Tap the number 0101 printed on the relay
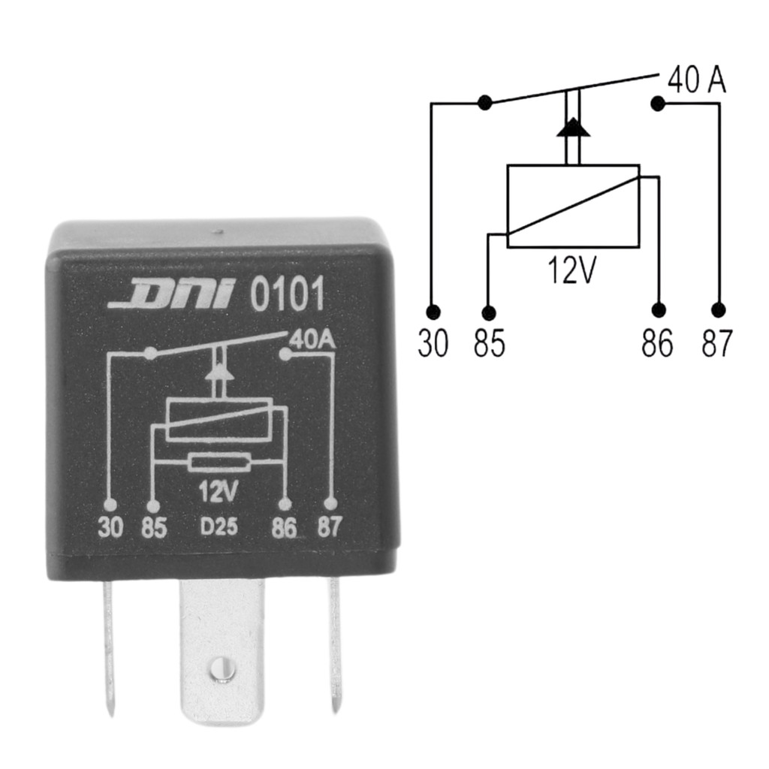pos(287,295)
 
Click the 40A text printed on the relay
pos(312,340)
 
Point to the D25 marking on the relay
pos(219,527)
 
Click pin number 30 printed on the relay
pos(110,527)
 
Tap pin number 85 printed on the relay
pos(154,527)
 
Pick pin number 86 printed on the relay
pos(285,528)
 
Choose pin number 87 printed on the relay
pos(329,527)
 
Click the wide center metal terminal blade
pos(222,646)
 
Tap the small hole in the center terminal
pos(219,665)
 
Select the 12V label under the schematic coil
pos(571,270)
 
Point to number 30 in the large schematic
pos(433,344)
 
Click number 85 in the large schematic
pos(490,344)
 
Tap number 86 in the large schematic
pos(658,344)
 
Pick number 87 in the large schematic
pos(717,344)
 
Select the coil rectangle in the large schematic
pos(573,206)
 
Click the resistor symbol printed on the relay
pos(219,462)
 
